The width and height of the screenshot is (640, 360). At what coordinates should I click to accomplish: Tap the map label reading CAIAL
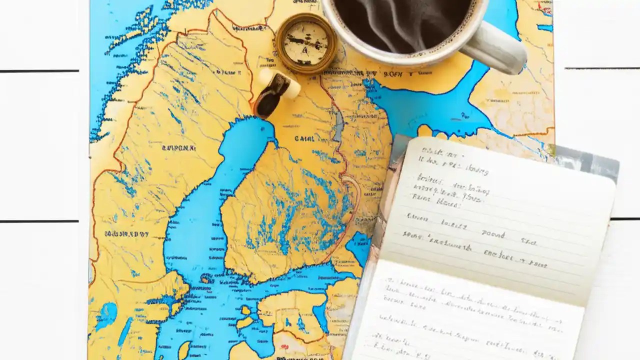click(304, 138)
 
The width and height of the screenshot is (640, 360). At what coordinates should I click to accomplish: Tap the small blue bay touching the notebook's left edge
click(359, 245)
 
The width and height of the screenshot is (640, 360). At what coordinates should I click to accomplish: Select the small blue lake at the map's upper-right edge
click(545, 27)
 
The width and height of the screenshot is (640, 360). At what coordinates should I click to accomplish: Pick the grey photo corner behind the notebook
click(590, 160)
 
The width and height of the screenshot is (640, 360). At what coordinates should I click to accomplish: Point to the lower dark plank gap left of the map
click(40, 221)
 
